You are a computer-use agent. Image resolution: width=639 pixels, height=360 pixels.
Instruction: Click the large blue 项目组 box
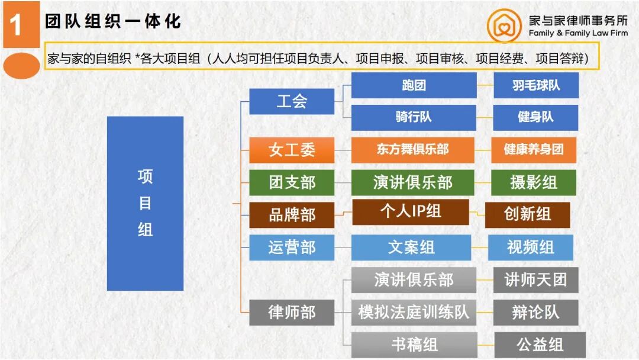145,203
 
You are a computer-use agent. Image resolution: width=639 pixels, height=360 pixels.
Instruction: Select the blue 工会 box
291,101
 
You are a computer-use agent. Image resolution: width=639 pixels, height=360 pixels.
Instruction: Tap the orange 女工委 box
291,150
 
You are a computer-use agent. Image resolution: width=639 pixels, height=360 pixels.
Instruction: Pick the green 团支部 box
291,182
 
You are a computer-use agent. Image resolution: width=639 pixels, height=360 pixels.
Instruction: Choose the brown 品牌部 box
291,215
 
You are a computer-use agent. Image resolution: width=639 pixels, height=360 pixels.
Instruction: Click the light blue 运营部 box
291,247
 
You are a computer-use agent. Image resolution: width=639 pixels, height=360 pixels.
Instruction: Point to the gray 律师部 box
291,312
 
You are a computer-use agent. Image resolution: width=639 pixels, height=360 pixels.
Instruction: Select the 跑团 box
414,85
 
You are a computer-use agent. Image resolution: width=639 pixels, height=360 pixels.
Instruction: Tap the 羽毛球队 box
535,85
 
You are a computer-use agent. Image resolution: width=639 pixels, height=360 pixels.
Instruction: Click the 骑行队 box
414,117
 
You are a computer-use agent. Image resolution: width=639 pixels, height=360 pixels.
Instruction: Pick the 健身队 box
535,117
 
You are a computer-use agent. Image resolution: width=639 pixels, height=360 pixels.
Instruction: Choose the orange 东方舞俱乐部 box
412,150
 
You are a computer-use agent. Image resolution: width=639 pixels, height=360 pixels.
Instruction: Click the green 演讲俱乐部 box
412,182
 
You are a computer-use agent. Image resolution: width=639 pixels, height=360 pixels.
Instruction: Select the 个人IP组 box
410,212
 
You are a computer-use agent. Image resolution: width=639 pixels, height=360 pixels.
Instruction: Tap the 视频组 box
530,247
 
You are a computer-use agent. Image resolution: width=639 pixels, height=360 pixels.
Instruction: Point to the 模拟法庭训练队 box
414,312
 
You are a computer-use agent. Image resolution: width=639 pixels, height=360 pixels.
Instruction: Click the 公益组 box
540,345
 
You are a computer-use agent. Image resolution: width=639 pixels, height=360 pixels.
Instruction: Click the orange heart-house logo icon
504,26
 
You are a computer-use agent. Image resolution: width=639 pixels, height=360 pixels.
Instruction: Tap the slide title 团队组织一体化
112,22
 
